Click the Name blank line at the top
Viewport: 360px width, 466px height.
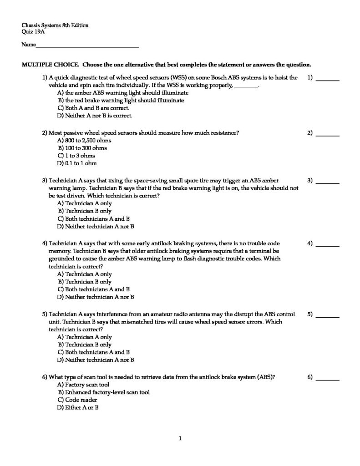coord(87,46)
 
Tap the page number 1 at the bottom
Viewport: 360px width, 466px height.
coord(180,439)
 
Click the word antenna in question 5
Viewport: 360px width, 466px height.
coord(172,314)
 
